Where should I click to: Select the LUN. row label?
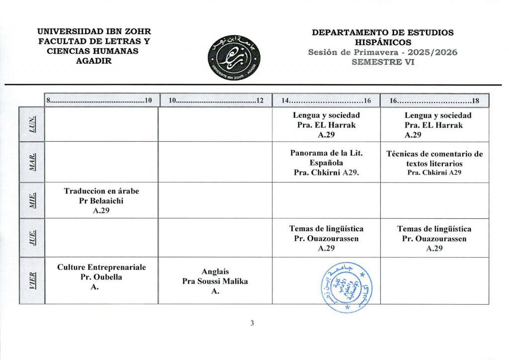click(x=32, y=124)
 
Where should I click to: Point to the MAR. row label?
click(x=32, y=162)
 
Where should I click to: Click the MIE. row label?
click(x=32, y=200)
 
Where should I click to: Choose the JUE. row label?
click(x=32, y=238)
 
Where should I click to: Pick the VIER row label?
click(x=32, y=280)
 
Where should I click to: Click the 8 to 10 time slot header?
click(x=101, y=101)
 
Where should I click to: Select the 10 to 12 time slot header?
click(x=215, y=101)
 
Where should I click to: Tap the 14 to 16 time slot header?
click(x=326, y=101)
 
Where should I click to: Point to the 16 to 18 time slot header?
click(x=434, y=101)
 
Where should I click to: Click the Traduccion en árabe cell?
click(x=101, y=200)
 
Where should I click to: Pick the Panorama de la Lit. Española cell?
click(x=326, y=163)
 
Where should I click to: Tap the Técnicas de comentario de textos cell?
click(x=434, y=163)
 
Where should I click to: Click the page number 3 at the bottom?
click(x=252, y=324)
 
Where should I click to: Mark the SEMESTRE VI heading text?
click(x=383, y=62)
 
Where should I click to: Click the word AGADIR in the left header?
click(x=94, y=61)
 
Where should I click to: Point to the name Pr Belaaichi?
click(x=101, y=201)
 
